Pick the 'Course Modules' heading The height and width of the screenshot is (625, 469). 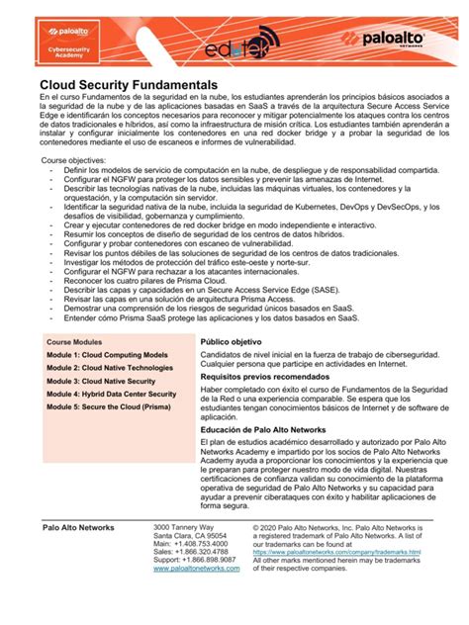(x=74, y=341)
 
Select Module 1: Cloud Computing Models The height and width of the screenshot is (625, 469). (x=107, y=354)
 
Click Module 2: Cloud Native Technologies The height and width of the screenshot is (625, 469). (x=110, y=367)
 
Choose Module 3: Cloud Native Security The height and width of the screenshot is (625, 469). (x=101, y=381)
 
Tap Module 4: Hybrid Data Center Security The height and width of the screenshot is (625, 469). (x=112, y=394)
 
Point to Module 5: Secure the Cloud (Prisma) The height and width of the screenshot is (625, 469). (x=108, y=406)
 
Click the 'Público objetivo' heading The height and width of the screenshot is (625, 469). (x=233, y=341)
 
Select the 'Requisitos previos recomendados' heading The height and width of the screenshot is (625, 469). (x=267, y=377)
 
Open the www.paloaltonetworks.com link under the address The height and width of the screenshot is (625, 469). (x=197, y=569)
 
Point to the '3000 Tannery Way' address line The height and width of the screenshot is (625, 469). (x=185, y=528)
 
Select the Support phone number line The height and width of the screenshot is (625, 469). (x=196, y=560)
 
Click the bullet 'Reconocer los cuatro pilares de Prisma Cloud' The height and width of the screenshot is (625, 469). (x=159, y=280)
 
